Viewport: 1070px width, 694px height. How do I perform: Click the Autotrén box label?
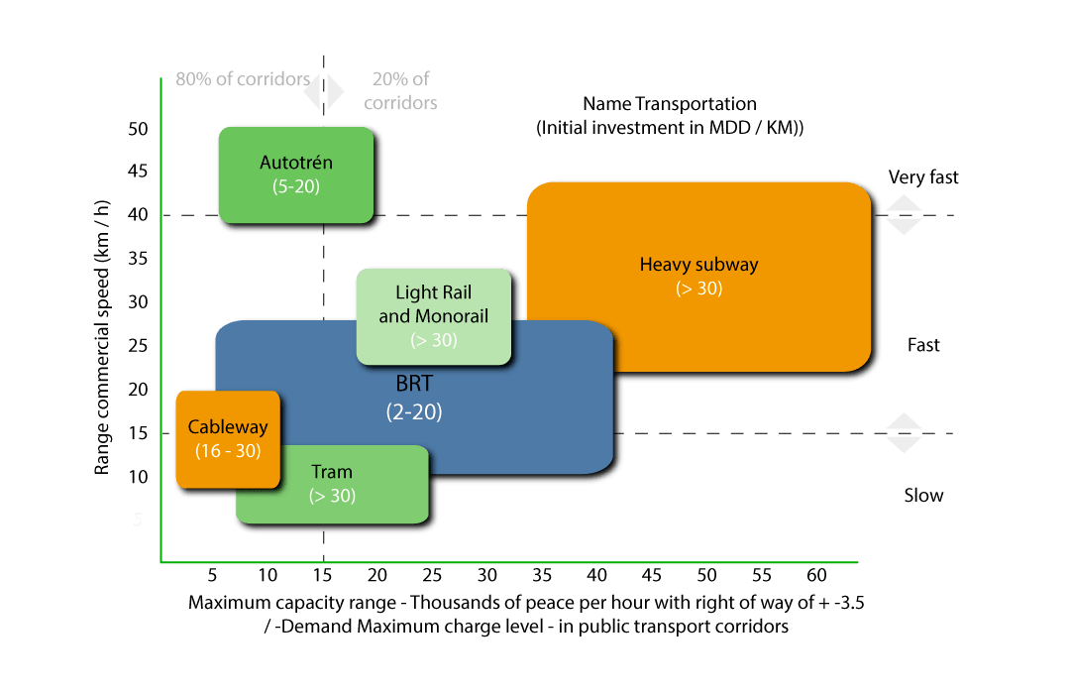tap(296, 163)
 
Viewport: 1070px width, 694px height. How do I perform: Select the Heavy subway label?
tap(698, 265)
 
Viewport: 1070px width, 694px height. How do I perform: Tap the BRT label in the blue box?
tap(414, 384)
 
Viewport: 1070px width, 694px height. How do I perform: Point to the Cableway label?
tap(228, 427)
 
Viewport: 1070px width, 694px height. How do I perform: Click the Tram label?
tap(332, 472)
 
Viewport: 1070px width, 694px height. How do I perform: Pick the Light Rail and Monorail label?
tap(434, 304)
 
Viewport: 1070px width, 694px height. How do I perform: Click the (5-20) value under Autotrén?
tap(296, 186)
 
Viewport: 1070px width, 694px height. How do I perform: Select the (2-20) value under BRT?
tap(414, 411)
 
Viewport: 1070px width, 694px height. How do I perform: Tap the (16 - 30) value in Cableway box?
tap(228, 451)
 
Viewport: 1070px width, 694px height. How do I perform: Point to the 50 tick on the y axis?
tap(138, 129)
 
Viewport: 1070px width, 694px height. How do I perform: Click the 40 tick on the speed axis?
tap(138, 214)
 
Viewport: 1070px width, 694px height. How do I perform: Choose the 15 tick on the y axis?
tap(138, 433)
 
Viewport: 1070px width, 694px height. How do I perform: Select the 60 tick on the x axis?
tap(816, 575)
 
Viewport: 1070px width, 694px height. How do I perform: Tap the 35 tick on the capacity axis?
tap(542, 575)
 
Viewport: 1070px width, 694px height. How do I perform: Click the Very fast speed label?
tap(923, 177)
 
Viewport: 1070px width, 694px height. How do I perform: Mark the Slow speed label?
tap(924, 496)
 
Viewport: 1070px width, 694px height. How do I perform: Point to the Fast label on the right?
tap(923, 345)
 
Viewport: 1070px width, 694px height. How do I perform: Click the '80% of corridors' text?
tap(243, 79)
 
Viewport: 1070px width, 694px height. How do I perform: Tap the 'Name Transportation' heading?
tap(670, 104)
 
